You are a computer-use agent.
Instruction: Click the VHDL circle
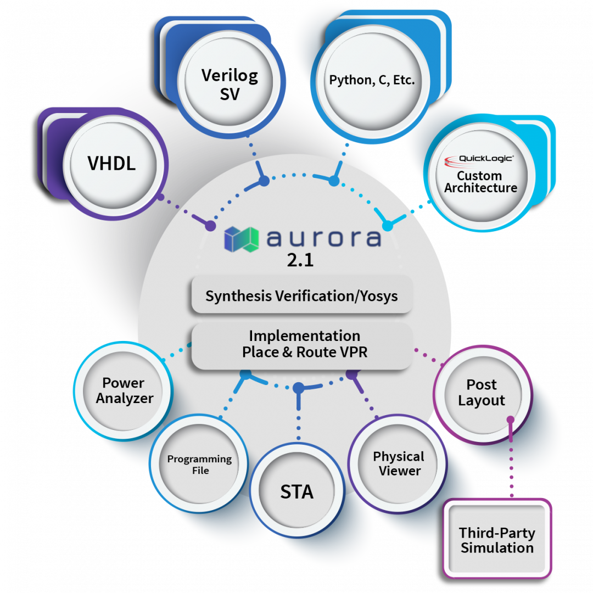[x=111, y=164]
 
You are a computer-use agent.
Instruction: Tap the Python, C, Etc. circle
[x=372, y=80]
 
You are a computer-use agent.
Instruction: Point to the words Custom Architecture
[x=480, y=182]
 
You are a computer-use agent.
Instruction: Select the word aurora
[x=323, y=238]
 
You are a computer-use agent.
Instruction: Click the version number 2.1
[x=300, y=260]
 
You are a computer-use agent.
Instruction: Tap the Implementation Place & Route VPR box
[x=301, y=344]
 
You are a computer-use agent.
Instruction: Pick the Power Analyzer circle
[x=124, y=390]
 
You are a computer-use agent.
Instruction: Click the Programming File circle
[x=199, y=465]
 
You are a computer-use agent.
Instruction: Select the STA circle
[x=297, y=491]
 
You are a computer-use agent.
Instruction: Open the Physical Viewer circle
[x=399, y=464]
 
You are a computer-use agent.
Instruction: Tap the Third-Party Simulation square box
[x=497, y=540]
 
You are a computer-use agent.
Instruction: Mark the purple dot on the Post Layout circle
[x=511, y=420]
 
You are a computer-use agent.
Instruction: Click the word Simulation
[x=497, y=547]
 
